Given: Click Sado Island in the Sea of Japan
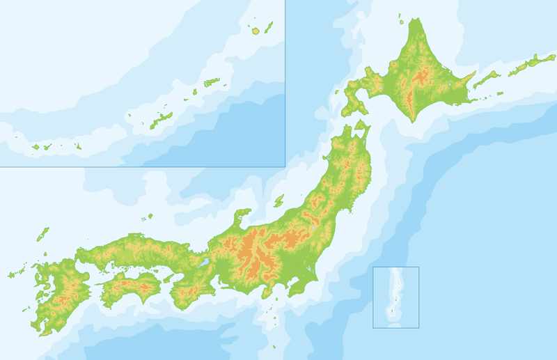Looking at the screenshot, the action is pos(278,201).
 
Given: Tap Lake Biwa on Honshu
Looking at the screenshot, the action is pos(204,264).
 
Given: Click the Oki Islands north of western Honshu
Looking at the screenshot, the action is pos(148,217).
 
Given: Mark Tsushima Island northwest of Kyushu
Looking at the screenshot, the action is pos(42,234).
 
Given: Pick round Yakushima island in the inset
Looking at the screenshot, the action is pos(256,31).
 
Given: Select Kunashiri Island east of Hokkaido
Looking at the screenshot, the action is pos(485,81).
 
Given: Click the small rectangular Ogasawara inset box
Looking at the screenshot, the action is pos(395,297).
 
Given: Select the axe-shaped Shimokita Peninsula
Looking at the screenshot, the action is pos(361,129).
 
